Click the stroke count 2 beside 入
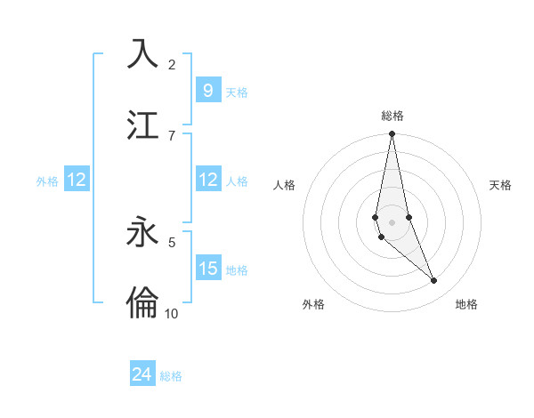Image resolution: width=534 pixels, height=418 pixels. click(x=172, y=65)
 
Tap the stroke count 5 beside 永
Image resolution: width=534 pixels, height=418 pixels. click(x=172, y=241)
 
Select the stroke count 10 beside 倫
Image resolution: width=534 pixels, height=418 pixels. click(x=172, y=313)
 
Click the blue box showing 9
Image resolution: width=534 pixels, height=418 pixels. click(x=207, y=90)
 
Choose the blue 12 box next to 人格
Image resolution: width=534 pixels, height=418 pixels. click(x=207, y=180)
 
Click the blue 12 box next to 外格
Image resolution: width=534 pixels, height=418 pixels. click(x=76, y=180)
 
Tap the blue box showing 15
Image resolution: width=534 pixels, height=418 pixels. click(x=207, y=269)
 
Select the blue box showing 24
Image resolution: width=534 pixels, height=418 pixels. click(x=142, y=374)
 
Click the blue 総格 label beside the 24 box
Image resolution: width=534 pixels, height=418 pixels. click(x=171, y=376)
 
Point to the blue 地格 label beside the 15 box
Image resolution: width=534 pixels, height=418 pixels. click(x=237, y=270)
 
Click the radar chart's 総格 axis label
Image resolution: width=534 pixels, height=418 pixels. click(x=392, y=116)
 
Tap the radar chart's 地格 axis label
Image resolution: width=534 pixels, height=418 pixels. click(x=466, y=304)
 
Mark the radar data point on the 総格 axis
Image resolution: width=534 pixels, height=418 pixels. click(x=392, y=134)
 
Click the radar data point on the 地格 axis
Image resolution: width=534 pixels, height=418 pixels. click(x=433, y=280)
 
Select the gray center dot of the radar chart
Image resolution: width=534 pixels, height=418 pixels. click(x=392, y=221)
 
